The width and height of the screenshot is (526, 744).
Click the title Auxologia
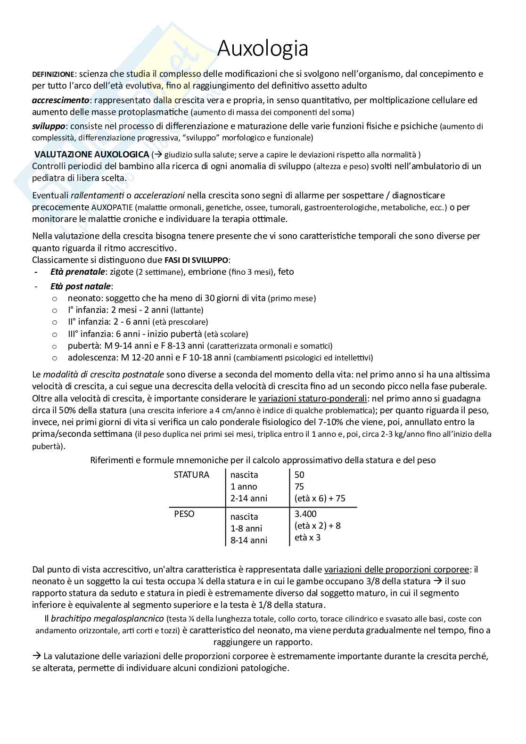[263, 48]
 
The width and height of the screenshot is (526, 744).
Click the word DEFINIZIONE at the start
[53, 74]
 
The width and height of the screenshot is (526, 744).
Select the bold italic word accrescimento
[60, 100]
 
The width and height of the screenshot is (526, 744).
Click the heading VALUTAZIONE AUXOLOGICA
[92, 155]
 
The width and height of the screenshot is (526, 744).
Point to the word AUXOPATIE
[115, 207]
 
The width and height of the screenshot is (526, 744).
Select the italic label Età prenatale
[77, 272]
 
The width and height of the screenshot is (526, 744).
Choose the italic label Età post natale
[81, 286]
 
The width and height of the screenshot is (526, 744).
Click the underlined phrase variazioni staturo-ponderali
[312, 398]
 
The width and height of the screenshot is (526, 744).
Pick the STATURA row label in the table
[191, 475]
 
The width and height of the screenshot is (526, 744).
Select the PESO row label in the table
[184, 514]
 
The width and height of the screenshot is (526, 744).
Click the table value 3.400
[305, 514]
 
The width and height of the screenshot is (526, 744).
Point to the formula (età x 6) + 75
[320, 499]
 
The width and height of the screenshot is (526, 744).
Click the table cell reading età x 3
[307, 538]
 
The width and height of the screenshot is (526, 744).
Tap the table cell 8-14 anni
[249, 540]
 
